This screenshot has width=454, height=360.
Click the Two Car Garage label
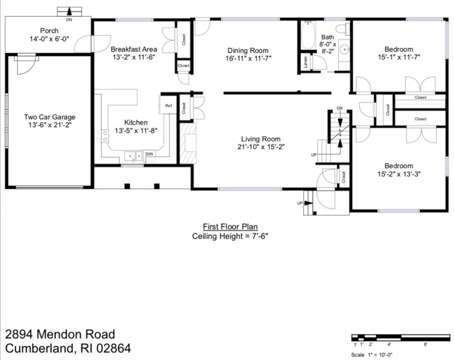point(50,117)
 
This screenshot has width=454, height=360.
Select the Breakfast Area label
point(134,49)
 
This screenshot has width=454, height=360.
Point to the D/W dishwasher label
point(149,154)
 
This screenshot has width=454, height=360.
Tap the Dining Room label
point(248,51)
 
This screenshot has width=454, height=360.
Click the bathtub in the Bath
point(308,35)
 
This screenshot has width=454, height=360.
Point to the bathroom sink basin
point(344,49)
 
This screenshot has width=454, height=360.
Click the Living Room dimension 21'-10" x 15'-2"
point(260,147)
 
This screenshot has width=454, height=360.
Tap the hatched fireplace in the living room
point(186,142)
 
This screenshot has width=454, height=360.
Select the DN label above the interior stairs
point(339,109)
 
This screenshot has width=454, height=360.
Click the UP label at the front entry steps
point(300,203)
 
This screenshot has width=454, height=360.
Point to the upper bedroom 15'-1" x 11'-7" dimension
point(399,57)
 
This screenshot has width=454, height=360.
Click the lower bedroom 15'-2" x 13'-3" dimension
point(399,174)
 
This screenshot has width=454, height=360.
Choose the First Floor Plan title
point(230,226)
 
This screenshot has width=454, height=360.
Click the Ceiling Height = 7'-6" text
point(230,236)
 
